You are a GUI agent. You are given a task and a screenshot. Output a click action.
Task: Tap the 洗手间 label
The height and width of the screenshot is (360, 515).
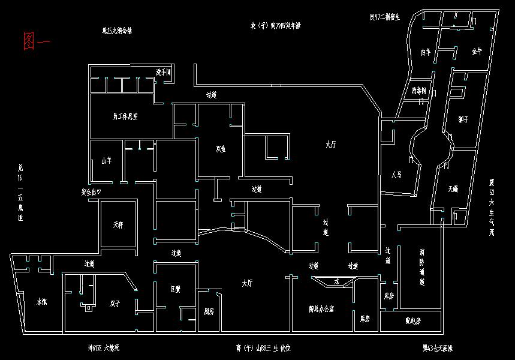coord(164,72)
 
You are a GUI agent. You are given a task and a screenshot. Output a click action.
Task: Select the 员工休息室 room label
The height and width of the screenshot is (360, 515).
coord(125,116)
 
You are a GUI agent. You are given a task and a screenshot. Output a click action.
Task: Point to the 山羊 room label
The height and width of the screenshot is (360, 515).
coord(107,160)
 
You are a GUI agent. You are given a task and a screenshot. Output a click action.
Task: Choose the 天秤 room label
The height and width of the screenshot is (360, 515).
coord(118,226)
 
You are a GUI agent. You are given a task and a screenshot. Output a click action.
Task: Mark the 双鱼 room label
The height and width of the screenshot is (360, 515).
coord(220,149)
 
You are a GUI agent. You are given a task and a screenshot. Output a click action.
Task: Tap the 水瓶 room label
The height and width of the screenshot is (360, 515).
coord(42,302)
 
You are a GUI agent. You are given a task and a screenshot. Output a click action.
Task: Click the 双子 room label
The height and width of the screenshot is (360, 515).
coord(115,304)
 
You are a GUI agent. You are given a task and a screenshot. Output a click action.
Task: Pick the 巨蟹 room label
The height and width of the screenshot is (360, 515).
coord(176,289)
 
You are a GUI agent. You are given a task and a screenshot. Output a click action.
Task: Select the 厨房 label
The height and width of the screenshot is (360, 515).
coord(209,311)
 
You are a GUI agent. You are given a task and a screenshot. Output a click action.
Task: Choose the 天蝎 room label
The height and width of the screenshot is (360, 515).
coord(453,189)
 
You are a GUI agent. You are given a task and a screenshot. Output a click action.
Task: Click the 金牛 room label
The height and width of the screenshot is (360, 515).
coord(477,52)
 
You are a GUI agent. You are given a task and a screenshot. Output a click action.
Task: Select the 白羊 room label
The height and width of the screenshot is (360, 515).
coord(426,53)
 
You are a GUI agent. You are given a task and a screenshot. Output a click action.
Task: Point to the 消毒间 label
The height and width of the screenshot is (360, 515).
coord(419,91)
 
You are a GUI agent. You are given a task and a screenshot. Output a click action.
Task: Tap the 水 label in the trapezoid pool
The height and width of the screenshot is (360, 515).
coord(337,281)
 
